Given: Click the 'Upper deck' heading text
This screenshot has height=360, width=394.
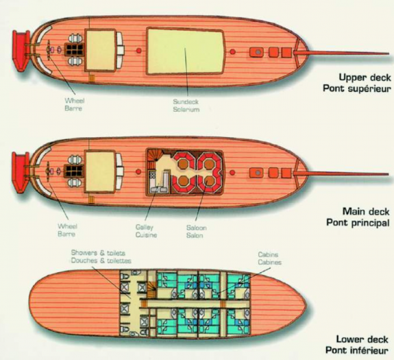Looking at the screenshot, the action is (365, 77).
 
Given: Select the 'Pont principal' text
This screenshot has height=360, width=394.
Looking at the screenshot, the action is (358, 223).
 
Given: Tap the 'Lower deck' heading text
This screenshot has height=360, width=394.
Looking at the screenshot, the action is (362, 339).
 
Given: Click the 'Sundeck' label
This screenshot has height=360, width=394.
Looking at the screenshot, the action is (186, 101).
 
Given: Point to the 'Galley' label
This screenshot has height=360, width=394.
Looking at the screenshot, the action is (144, 227).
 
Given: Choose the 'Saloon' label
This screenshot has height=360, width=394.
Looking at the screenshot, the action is (197, 228).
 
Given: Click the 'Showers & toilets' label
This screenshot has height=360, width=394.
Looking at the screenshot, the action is (98, 252).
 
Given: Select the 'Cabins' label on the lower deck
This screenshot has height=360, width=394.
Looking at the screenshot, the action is (268, 254).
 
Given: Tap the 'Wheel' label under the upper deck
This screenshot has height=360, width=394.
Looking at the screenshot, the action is (75, 101).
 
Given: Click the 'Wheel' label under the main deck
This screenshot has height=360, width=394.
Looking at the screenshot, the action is (67, 226).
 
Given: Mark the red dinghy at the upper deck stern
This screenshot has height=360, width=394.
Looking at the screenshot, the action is (21, 51).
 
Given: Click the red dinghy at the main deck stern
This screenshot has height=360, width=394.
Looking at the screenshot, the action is (21, 173).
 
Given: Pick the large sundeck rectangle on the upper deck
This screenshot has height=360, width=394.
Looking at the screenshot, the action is (185, 51).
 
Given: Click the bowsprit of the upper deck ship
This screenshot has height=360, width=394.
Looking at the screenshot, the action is (341, 53).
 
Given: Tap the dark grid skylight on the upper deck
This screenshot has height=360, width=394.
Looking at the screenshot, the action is (74, 49).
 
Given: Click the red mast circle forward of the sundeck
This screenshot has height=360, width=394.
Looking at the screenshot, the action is (233, 52).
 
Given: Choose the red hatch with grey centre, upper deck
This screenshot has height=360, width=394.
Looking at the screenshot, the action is (256, 52).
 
